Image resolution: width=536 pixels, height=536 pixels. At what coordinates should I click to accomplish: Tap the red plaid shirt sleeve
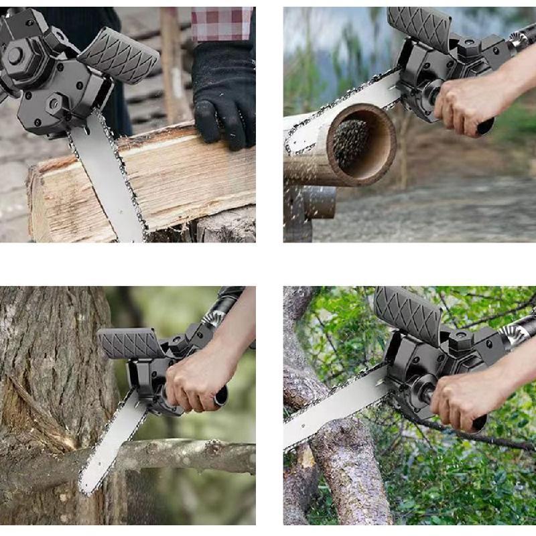click(x=221, y=23)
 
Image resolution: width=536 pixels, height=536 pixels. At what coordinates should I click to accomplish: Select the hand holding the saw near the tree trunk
click(x=194, y=379)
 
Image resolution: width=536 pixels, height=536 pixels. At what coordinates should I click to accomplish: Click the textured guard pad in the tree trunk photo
click(x=130, y=343)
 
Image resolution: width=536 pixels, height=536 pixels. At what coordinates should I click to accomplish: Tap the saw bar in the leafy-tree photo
click(x=335, y=409)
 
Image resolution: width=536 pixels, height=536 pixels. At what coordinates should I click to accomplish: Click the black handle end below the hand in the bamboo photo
click(x=485, y=125)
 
